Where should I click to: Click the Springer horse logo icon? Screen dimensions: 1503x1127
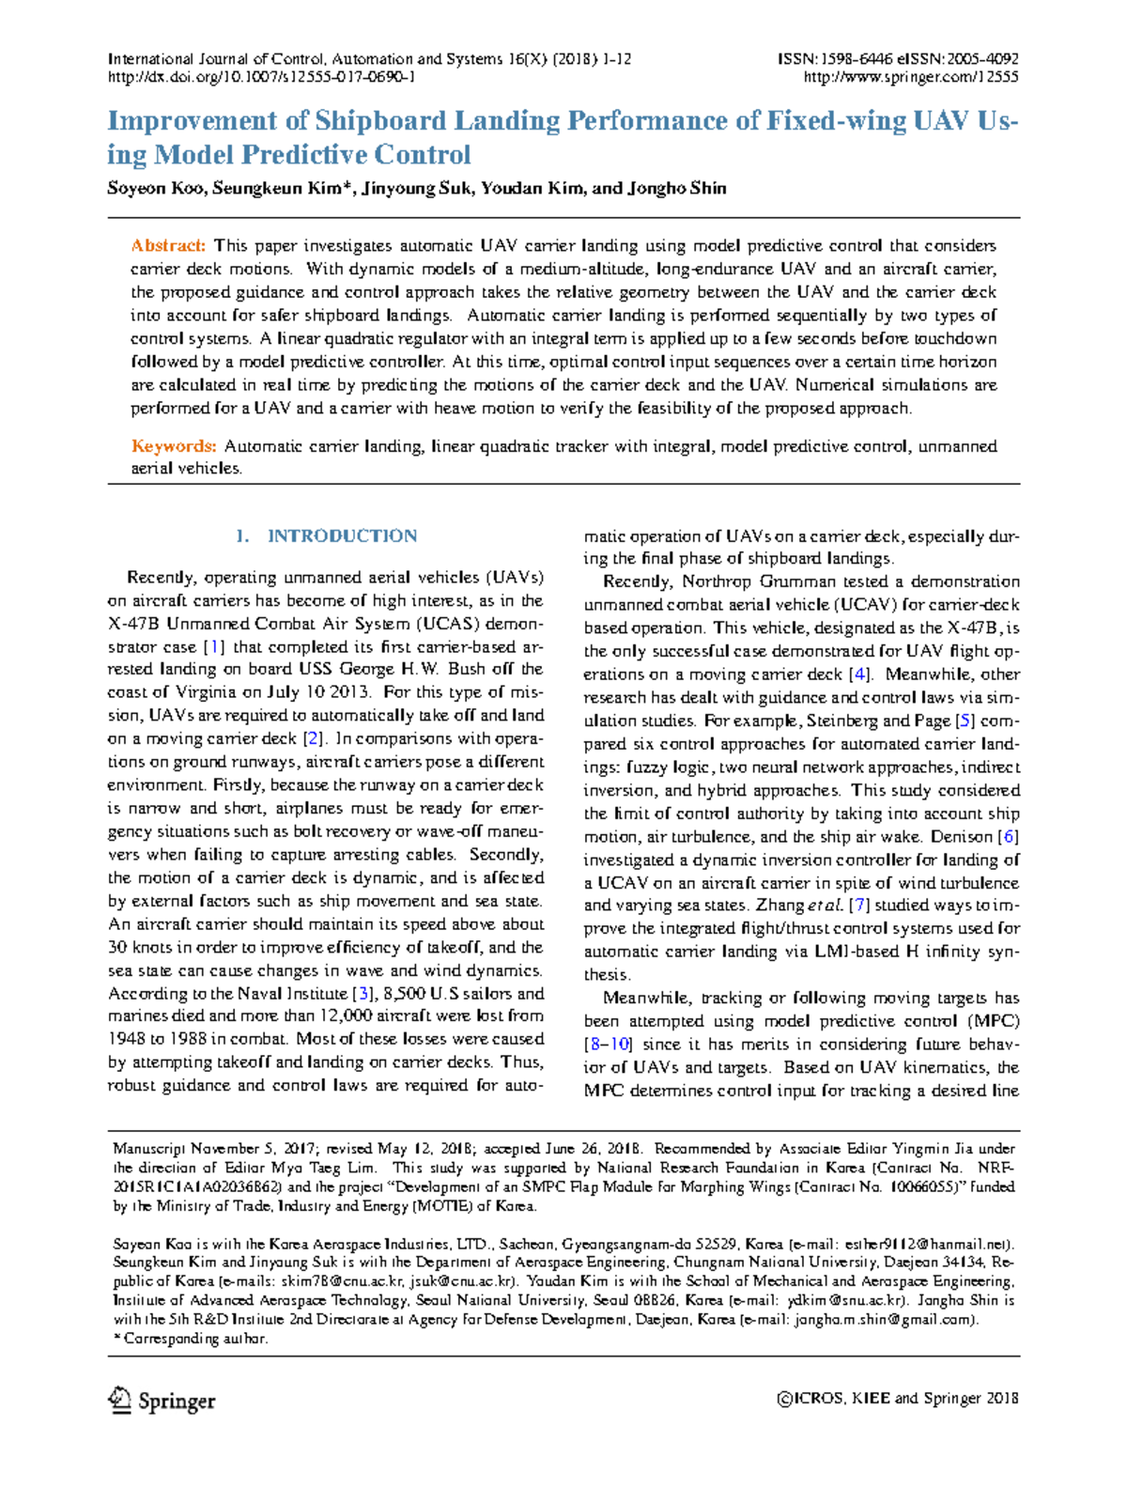(x=119, y=1400)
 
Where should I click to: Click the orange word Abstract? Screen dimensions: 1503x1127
(x=168, y=246)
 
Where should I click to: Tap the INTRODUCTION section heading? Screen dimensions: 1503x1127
(x=342, y=536)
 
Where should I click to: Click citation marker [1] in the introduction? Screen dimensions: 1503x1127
(x=215, y=647)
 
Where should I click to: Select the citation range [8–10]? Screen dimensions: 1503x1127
(x=608, y=1045)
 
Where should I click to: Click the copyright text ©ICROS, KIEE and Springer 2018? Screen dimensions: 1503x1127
(x=897, y=1399)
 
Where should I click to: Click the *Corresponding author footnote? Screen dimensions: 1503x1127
(x=191, y=1339)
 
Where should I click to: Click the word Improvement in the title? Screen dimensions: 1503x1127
(x=193, y=121)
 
